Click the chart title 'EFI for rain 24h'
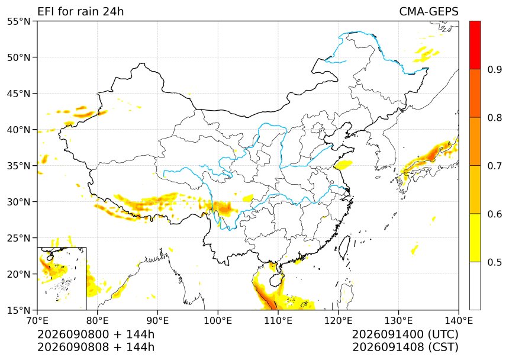tap(80, 11)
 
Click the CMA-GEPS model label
tap(429, 11)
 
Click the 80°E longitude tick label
tap(98, 321)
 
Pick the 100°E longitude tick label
tap(218, 321)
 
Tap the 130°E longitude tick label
tap(398, 321)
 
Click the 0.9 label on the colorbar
tap(495, 69)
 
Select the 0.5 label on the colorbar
tap(495, 262)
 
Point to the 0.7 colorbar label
tap(495, 166)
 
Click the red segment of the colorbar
tap(475, 45)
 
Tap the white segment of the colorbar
tap(475, 285)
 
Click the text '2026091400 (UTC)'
tap(405, 335)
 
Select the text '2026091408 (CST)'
tap(405, 347)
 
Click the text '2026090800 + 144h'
tap(96, 335)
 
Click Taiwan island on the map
tap(344, 247)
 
